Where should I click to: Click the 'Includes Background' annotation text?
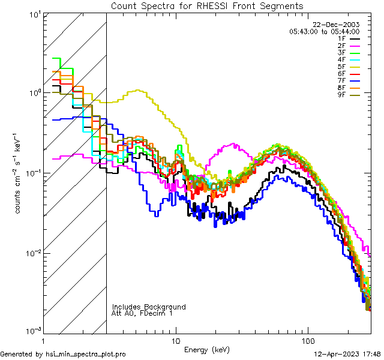coord(149,307)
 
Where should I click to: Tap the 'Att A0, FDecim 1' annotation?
coord(142,313)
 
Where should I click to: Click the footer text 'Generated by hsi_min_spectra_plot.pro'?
coord(63,355)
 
